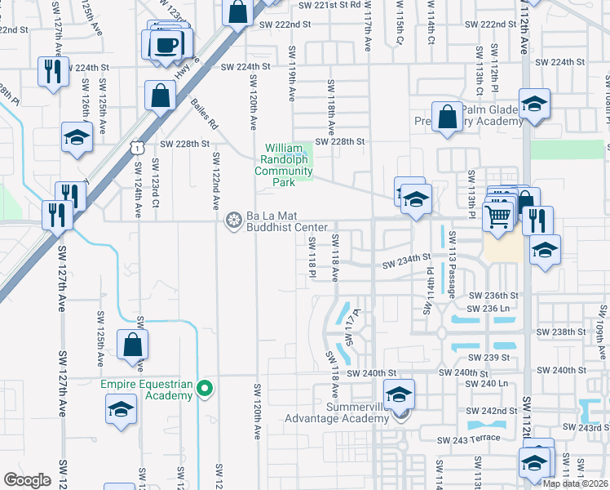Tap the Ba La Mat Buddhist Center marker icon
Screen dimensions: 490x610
tap(234, 219)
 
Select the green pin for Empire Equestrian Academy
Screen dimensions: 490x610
tap(206, 390)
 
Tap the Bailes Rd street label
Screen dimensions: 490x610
tap(203, 114)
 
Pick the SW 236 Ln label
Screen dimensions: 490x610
tap(487, 308)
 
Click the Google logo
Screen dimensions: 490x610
tap(27, 479)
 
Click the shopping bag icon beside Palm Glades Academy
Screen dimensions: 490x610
tap(448, 117)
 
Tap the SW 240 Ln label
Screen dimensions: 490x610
tap(489, 383)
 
